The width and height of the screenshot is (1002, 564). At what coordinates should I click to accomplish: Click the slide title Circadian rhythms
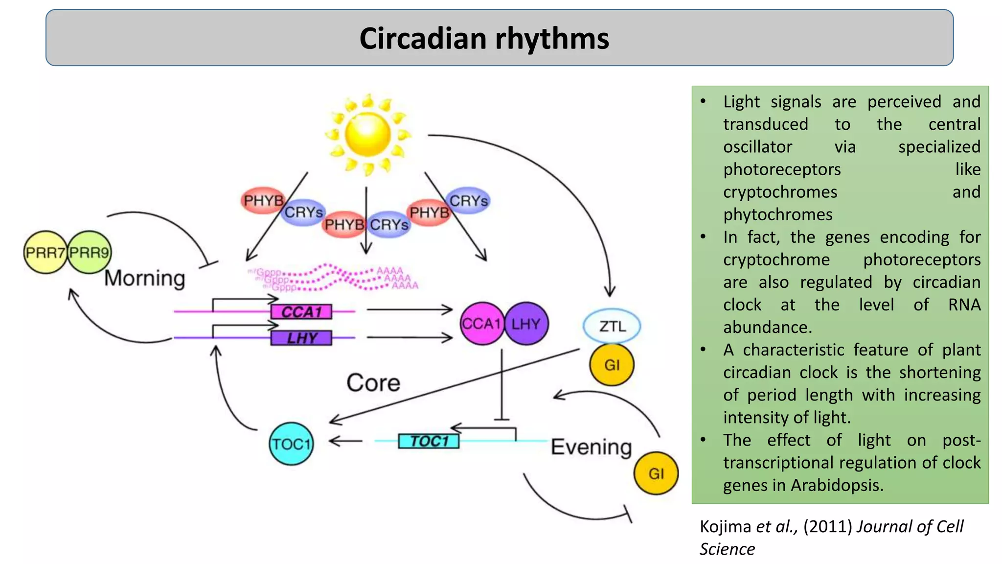click(484, 39)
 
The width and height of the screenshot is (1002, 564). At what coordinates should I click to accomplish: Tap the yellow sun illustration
click(367, 134)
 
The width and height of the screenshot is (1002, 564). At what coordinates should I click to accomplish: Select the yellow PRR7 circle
click(45, 253)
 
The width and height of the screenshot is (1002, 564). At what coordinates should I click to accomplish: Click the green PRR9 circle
click(90, 253)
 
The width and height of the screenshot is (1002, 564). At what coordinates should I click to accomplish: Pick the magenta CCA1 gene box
click(301, 312)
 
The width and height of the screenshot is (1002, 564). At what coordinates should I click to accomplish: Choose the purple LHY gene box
click(301, 338)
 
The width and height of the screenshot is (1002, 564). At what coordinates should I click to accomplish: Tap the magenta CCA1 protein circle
click(481, 324)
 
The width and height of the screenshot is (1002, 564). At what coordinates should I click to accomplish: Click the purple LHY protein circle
click(526, 324)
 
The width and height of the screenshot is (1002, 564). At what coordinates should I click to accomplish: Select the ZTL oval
click(612, 326)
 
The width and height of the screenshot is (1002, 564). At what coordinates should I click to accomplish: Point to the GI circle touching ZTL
click(612, 365)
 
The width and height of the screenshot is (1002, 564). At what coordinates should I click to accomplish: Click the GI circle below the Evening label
click(656, 473)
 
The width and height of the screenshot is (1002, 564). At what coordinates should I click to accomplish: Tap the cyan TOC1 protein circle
click(291, 444)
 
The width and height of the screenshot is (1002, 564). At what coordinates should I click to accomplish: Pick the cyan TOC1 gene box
click(429, 441)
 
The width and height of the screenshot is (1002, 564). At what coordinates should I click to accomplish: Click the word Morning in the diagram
click(145, 278)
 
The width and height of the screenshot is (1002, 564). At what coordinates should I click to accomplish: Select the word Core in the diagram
click(373, 382)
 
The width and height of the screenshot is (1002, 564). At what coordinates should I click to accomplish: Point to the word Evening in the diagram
click(591, 447)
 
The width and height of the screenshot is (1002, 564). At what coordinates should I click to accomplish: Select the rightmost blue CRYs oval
click(469, 201)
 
